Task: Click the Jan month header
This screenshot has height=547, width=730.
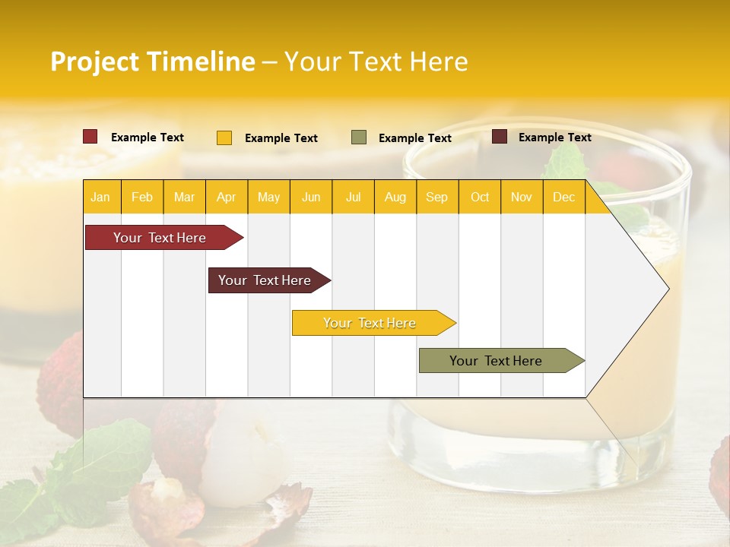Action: [x=100, y=197]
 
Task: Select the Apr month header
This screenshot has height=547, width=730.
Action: [x=226, y=197]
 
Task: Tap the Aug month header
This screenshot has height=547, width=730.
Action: [x=395, y=197]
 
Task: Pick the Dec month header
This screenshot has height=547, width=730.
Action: [x=563, y=197]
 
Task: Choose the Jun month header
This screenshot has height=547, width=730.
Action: [x=311, y=197]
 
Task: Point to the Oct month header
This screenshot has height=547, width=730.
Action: [x=480, y=197]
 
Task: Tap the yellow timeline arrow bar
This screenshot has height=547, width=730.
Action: [x=370, y=323]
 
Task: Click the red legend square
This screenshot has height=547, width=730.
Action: [x=90, y=137]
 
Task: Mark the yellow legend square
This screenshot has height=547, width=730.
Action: [x=224, y=138]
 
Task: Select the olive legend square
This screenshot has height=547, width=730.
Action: [x=359, y=138]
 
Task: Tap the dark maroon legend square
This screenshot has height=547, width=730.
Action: [x=500, y=137]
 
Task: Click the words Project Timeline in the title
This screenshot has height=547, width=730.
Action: [x=152, y=62]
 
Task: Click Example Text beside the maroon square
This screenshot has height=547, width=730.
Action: [x=554, y=137]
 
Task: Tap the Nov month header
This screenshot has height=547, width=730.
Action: [x=522, y=197]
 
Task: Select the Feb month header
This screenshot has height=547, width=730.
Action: [x=142, y=197]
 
